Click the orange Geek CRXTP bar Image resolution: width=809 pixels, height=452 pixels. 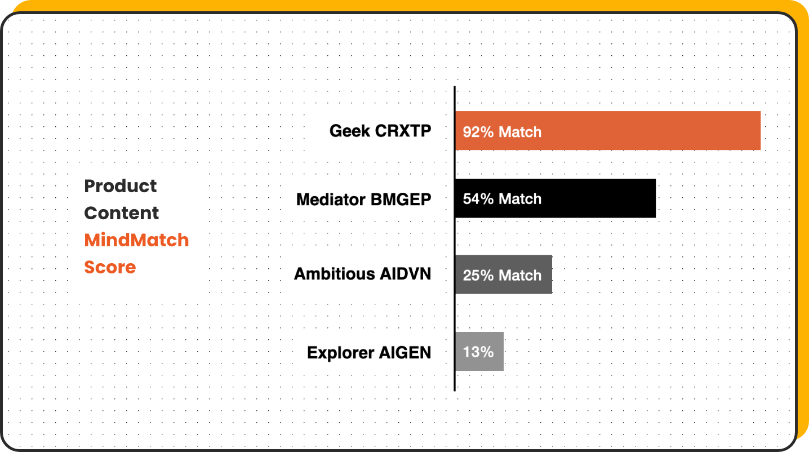608,130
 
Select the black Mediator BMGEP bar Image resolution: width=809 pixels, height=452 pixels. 555,198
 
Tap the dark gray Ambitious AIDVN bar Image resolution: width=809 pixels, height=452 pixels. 504,274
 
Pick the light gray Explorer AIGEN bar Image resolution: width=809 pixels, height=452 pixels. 479,351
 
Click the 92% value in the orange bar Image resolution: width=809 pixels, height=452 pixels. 478,132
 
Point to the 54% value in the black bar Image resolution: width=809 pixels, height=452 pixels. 478,199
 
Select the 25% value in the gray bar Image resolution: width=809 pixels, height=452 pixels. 478,276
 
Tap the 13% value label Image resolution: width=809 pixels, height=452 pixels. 478,352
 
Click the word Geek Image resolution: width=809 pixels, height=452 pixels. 350,131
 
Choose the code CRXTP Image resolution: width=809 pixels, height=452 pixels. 403,131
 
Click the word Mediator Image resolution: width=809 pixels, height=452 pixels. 331,200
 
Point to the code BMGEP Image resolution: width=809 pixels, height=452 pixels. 401,200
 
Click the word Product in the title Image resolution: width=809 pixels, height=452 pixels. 120,186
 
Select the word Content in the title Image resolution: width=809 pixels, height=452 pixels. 121,213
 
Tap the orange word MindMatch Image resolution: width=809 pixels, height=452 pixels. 136,240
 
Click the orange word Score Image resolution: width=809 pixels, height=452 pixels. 110,267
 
